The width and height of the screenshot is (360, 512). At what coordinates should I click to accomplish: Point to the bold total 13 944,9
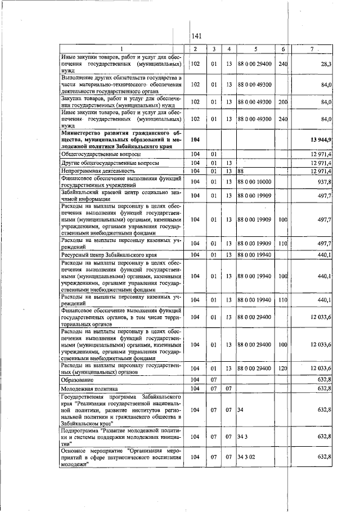coord(319,138)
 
